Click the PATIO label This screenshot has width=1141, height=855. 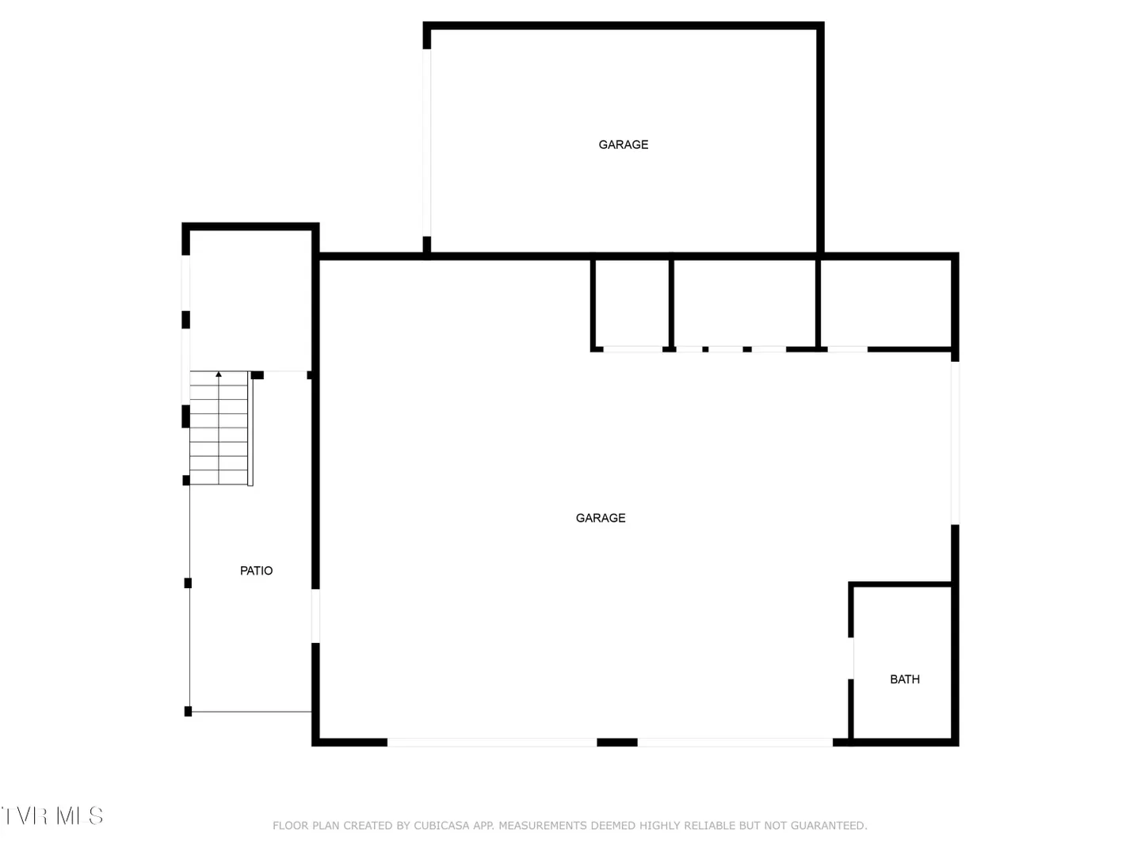256,571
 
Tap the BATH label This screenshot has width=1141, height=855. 905,679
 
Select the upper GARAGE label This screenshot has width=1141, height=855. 624,145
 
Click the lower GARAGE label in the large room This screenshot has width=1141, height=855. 601,518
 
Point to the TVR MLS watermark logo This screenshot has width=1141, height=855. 52,816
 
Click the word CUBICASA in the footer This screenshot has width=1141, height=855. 441,826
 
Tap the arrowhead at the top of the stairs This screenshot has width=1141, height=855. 219,374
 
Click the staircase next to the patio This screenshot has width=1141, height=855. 221,428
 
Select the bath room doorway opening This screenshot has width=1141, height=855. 851,658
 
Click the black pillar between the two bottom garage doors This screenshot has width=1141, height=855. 617,743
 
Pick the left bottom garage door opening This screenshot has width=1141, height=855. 492,743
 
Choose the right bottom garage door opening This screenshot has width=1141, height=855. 735,743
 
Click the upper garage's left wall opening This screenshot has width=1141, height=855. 427,142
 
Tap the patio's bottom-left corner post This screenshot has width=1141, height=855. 188,711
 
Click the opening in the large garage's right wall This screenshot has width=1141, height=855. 955,443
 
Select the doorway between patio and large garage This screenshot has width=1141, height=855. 315,616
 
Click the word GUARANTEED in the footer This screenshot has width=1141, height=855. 829,826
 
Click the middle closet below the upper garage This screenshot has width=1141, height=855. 744,304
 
